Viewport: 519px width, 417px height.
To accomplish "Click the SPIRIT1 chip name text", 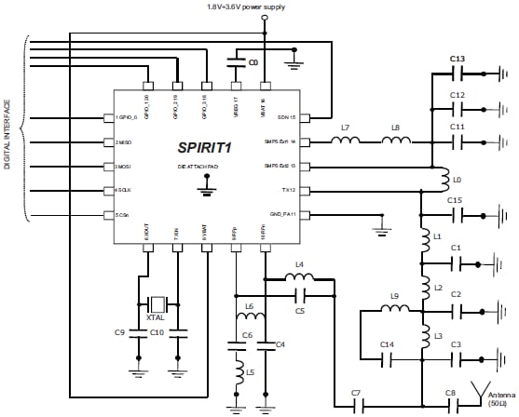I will click(x=205, y=147).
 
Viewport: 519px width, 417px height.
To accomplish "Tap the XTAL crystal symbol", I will click(x=158, y=303).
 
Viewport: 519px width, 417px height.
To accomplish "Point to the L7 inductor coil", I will click(x=347, y=141).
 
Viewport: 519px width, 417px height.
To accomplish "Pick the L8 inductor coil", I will click(x=397, y=141).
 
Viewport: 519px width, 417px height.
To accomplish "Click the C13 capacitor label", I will click(x=457, y=59).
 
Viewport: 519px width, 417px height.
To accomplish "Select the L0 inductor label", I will click(x=456, y=178).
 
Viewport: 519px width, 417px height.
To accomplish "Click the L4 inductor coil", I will click(x=299, y=276).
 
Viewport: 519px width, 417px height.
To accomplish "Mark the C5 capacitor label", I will click(x=300, y=310).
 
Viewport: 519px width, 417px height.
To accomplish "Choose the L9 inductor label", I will click(x=393, y=297).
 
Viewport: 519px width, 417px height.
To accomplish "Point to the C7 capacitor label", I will click(x=355, y=393).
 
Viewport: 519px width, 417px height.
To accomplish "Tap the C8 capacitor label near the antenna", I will click(x=450, y=393).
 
